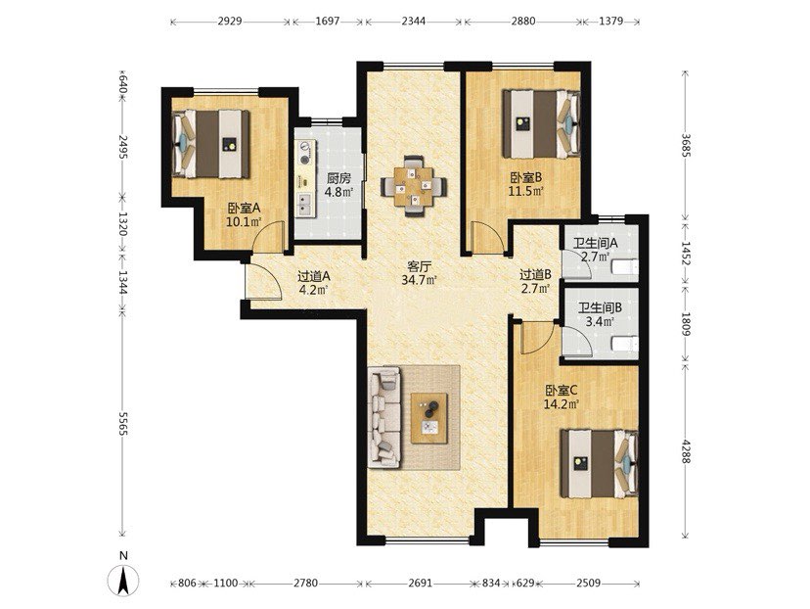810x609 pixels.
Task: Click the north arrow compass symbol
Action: coord(124,581)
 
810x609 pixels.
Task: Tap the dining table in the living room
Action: coord(414,186)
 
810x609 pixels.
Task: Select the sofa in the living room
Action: coord(384,418)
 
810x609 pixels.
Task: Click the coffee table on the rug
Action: coord(428,418)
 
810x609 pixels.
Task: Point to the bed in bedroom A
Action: coord(210,144)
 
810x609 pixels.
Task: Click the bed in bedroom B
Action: coord(541,124)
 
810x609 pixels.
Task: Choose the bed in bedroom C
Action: coord(600,464)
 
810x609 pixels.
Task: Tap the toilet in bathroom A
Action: coord(624,267)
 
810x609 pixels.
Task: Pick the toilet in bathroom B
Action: coord(624,344)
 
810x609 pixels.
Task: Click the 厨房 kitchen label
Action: coord(338,179)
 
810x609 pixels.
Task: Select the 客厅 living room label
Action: coord(419,266)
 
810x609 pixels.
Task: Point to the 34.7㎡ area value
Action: coord(420,280)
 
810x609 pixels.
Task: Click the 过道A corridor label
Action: coord(314,276)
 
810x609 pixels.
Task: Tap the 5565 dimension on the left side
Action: coord(122,423)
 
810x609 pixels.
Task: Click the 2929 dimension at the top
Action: coord(230,22)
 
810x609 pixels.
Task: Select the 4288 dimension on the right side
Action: coord(685,451)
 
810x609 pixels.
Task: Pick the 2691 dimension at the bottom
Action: coord(420,584)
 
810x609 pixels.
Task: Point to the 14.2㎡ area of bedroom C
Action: coord(561,403)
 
